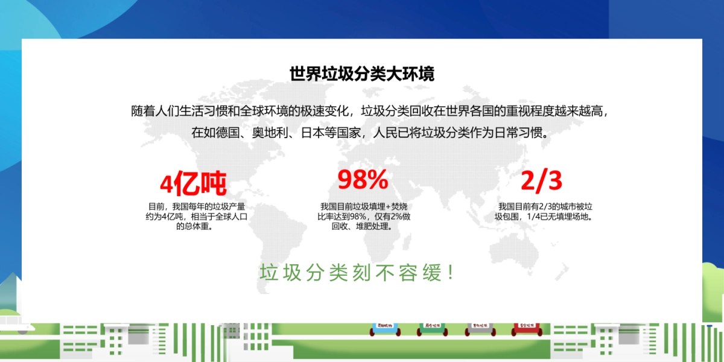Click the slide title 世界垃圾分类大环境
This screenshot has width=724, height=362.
click(361, 74)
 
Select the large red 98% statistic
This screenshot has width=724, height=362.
click(362, 179)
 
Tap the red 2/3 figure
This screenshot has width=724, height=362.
click(541, 180)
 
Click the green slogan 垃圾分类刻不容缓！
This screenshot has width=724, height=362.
click(357, 273)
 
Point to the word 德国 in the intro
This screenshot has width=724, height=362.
click(229, 133)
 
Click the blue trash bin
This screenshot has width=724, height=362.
click(385, 329)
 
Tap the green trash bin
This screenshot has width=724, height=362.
click(431, 329)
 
